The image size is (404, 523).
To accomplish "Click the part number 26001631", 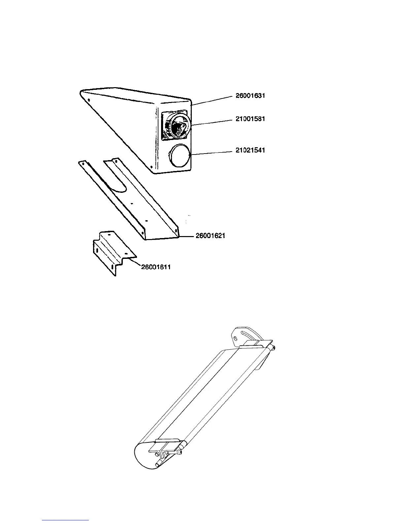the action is click(250, 96).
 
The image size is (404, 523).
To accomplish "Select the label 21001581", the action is click(250, 119).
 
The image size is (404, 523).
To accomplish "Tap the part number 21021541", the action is click(250, 150).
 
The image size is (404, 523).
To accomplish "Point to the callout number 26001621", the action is click(210, 236).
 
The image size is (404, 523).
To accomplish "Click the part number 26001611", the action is click(156, 267).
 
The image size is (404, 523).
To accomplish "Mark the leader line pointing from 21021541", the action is click(211, 153).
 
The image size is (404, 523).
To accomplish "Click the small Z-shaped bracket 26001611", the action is click(111, 253).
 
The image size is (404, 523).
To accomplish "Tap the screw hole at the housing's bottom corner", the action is click(151, 167).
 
